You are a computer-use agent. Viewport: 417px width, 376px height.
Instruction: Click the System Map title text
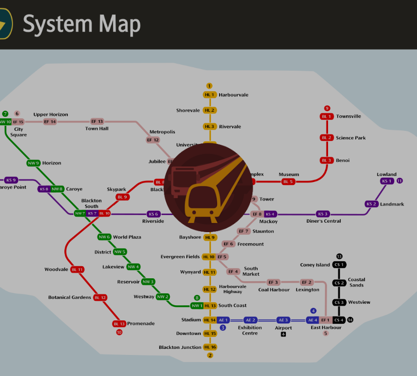(81, 24)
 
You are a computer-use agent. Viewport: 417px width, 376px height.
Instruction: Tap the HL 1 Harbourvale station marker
(210, 95)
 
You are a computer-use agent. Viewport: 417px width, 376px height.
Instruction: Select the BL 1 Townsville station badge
(327, 116)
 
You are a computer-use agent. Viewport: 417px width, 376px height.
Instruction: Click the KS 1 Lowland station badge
(386, 181)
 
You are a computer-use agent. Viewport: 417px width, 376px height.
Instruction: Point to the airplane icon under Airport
(283, 334)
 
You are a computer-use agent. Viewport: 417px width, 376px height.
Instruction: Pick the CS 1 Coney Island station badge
(339, 265)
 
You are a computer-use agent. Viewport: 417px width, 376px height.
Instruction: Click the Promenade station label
(141, 323)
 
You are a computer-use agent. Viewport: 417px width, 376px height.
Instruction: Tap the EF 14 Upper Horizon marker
(50, 121)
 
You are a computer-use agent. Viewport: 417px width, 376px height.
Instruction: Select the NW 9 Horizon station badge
(33, 163)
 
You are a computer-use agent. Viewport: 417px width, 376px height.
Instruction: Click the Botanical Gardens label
(70, 297)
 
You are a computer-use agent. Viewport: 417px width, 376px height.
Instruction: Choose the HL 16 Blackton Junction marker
(210, 347)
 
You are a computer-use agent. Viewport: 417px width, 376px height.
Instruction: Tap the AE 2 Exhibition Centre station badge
(250, 320)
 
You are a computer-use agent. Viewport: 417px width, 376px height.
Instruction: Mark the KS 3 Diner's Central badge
(323, 214)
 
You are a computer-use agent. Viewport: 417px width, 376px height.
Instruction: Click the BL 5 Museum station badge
(288, 181)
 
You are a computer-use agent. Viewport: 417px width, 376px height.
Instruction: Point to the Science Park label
(351, 138)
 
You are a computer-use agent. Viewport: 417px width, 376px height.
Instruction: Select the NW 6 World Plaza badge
(104, 237)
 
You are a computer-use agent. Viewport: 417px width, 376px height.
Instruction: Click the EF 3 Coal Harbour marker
(273, 282)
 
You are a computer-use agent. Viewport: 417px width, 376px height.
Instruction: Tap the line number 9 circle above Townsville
(327, 108)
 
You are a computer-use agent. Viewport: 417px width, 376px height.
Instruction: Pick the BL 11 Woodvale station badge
(77, 269)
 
